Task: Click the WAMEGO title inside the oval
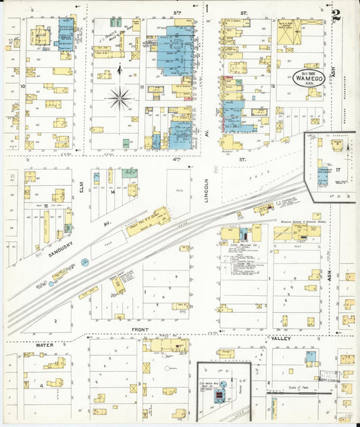pyautogui.click(x=307, y=78)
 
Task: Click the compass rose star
pyautogui.click(x=120, y=100)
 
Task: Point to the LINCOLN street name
pyautogui.click(x=208, y=191)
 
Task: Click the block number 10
pyautogui.click(x=22, y=86)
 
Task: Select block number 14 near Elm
pyautogui.click(x=113, y=192)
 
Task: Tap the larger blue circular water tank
pyautogui.click(x=84, y=261)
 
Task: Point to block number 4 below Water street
pyautogui.click(x=41, y=386)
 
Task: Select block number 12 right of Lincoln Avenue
pyautogui.click(x=272, y=86)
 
